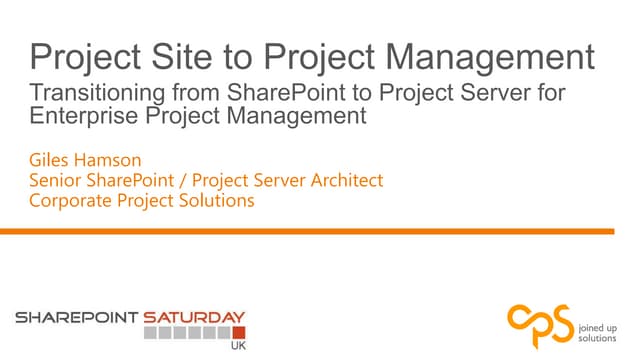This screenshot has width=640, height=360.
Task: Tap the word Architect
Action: (x=344, y=180)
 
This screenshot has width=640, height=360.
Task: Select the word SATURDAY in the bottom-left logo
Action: (x=194, y=317)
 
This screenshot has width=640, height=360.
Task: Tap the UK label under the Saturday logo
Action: (x=236, y=347)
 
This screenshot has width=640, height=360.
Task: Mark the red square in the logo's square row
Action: (x=238, y=332)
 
